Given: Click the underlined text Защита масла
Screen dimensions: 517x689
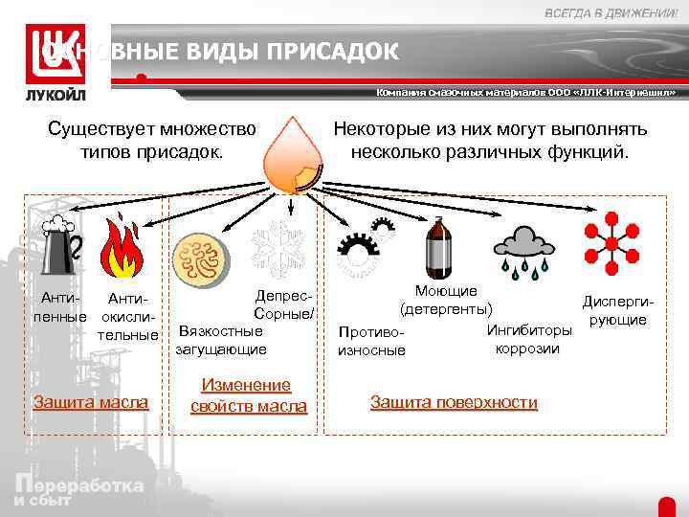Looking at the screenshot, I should [x=92, y=401].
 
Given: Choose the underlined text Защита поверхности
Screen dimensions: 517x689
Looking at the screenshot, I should [x=454, y=402].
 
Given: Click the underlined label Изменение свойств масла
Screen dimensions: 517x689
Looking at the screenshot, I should [x=249, y=395].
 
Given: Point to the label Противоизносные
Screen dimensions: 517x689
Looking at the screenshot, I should [x=371, y=341].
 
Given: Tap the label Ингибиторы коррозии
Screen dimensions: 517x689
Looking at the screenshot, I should [x=529, y=340].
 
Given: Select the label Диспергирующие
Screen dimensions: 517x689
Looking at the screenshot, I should [x=617, y=310].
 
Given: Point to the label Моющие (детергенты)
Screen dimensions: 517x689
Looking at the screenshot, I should [x=447, y=300].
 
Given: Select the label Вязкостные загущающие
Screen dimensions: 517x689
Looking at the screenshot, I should [x=220, y=341].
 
